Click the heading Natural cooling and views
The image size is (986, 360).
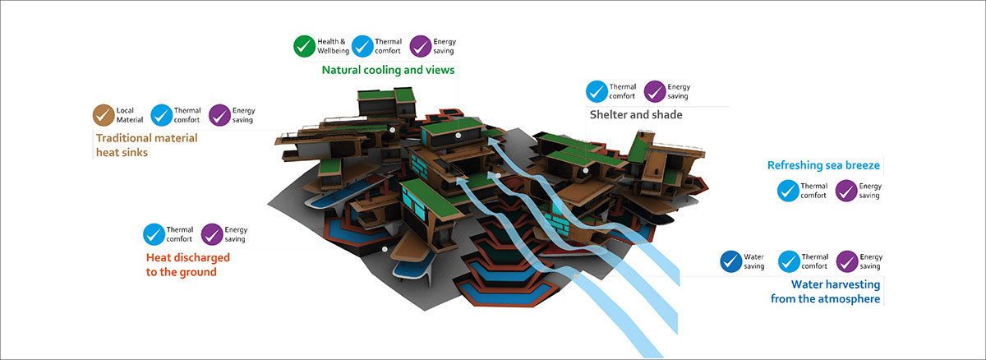pyautogui.click(x=388, y=71)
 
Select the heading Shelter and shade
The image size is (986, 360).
pyautogui.click(x=636, y=115)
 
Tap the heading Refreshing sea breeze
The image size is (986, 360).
pyautogui.click(x=823, y=166)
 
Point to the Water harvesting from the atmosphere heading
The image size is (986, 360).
pyautogui.click(x=825, y=292)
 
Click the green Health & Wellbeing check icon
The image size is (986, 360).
pyautogui.click(x=306, y=46)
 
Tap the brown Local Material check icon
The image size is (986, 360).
pyautogui.click(x=105, y=115)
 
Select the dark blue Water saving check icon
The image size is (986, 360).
pyautogui.click(x=730, y=261)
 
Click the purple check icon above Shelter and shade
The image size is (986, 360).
pyautogui.click(x=655, y=91)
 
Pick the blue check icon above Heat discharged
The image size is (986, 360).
pyautogui.click(x=154, y=234)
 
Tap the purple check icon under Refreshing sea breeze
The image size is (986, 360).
pyautogui.click(x=847, y=191)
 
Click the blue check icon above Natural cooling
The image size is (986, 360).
pyautogui.click(x=362, y=46)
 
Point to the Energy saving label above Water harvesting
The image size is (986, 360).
pyautogui.click(x=870, y=261)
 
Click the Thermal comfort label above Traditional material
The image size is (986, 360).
pyautogui.click(x=187, y=115)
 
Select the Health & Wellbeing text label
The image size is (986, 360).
pyautogui.click(x=332, y=46)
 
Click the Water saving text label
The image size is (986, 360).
pyautogui.click(x=753, y=261)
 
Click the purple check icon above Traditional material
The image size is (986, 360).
pyautogui.click(x=220, y=115)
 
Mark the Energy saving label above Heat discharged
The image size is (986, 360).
pyautogui.click(x=236, y=234)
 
